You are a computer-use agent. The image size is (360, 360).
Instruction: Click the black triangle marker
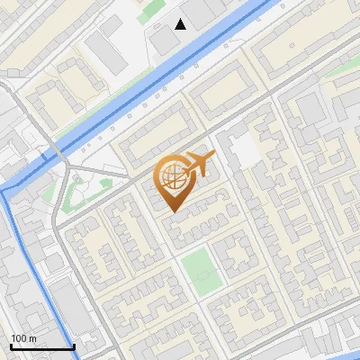click(x=181, y=24)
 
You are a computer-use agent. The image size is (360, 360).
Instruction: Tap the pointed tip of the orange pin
click(x=173, y=211)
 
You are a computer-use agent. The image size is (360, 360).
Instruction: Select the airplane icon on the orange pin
click(x=197, y=165)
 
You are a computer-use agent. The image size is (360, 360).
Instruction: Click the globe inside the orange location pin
click(x=172, y=179)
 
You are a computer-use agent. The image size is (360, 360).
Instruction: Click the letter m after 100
click(x=32, y=338)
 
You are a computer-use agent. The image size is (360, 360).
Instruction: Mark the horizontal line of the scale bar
click(x=41, y=346)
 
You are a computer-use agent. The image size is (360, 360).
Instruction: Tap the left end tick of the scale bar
click(x=11, y=345)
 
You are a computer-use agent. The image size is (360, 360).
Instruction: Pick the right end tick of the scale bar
click(x=73, y=345)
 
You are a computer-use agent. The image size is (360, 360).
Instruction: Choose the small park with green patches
click(x=85, y=189)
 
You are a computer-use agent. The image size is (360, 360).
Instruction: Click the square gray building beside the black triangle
click(x=163, y=40)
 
